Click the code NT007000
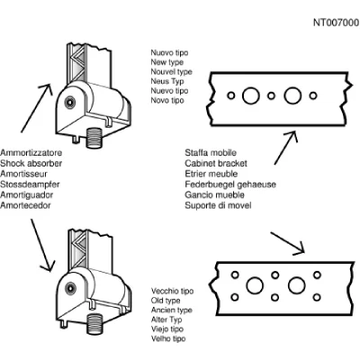pos(337,22)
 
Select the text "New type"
pos(167,62)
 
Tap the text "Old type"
pos(166,301)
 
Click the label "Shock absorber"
pos(31,163)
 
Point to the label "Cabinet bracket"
pos(216,163)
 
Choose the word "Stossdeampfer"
pos(30,184)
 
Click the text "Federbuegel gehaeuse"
pos(230,184)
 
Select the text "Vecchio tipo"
pos(173,291)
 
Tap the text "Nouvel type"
pos(171,72)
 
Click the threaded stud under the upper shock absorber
pos(94,138)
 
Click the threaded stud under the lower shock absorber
pos(95,324)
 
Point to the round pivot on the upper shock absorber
pos(70,102)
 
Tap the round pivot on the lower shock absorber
pos(70,288)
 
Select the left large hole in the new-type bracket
pos(251,95)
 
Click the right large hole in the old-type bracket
pos(297,285)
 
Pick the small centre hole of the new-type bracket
pos(271,95)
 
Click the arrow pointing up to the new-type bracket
pos(286,148)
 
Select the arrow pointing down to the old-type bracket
pos(287,244)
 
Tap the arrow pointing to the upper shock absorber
pos(36,108)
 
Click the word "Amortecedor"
pos(25,205)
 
